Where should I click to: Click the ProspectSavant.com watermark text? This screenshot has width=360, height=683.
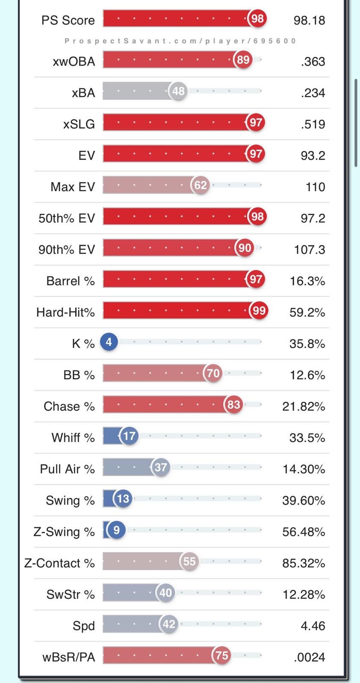[180, 41]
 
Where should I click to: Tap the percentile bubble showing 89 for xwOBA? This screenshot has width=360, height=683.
[243, 60]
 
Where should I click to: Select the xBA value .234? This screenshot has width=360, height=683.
[313, 93]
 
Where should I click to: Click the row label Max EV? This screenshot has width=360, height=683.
[72, 187]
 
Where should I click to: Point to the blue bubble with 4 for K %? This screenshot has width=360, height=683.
[109, 342]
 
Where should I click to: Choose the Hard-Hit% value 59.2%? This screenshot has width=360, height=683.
[307, 312]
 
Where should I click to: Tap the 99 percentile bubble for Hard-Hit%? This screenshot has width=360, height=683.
[259, 310]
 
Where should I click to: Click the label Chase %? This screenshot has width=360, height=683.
[69, 406]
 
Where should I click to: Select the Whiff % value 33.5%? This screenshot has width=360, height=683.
[307, 438]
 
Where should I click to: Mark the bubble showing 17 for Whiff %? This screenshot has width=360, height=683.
[129, 436]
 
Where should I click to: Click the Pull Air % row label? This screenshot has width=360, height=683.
[67, 469]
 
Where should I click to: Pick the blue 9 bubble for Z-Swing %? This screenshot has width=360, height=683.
[116, 530]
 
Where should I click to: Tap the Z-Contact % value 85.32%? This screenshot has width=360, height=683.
[304, 563]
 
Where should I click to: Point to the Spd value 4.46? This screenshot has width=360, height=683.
[313, 626]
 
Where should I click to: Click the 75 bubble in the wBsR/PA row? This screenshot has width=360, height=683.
[221, 655]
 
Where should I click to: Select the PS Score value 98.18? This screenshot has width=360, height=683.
[309, 20]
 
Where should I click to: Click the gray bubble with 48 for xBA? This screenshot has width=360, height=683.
[178, 91]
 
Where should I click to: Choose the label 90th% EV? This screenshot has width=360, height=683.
[66, 250]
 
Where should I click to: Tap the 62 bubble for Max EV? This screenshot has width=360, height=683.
[200, 185]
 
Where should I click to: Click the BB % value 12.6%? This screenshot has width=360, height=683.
[307, 375]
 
